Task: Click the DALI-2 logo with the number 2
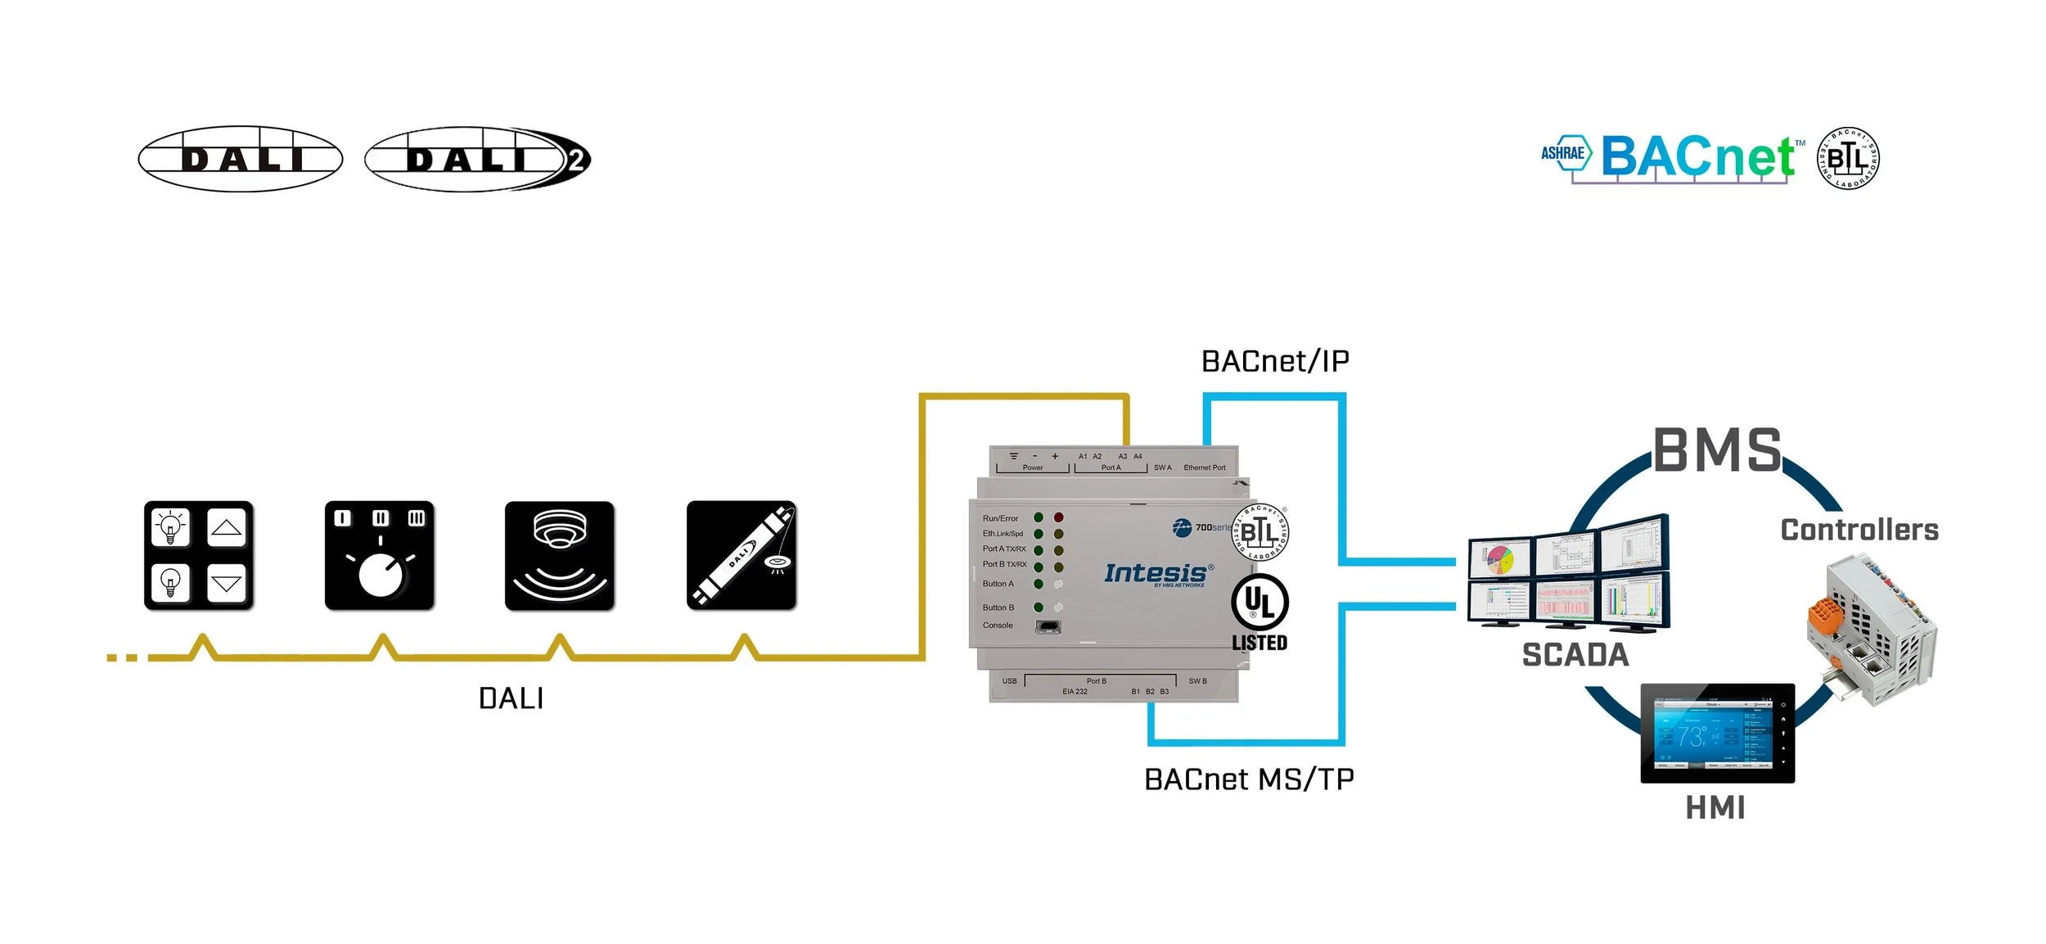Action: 477,159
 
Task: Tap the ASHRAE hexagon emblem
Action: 1565,153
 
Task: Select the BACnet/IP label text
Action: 1275,361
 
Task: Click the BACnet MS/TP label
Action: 1249,779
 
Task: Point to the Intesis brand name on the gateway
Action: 1155,573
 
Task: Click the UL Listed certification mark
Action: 1260,612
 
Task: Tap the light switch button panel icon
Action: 199,556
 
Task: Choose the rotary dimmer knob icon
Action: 380,556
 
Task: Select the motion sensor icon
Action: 560,556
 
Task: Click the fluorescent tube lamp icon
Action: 741,556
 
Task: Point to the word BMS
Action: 1717,450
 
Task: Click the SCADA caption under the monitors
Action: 1575,655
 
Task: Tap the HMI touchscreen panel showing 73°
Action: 1717,734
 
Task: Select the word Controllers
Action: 1859,530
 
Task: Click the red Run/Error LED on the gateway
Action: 1059,517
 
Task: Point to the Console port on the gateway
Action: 1048,627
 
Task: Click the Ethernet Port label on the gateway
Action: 1205,467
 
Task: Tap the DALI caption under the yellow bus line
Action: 511,698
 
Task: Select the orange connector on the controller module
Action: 1826,615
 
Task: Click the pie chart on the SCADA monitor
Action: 1500,561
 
